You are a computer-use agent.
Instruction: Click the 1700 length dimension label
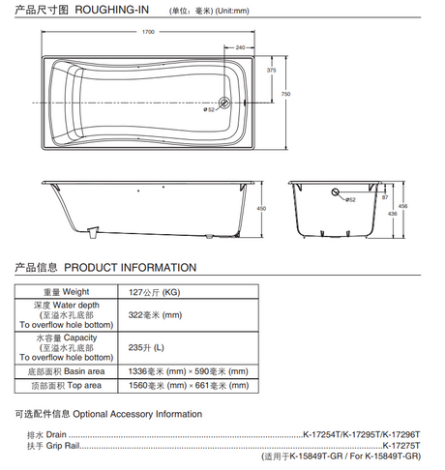(148, 32)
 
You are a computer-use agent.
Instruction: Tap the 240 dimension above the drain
(240, 47)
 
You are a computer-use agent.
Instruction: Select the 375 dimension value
(272, 70)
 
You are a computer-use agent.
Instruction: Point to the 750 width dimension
(285, 94)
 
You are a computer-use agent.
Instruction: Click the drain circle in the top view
(224, 103)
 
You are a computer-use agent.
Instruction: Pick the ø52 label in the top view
(209, 109)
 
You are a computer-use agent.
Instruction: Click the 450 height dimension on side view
(261, 208)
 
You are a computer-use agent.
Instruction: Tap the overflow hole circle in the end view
(336, 192)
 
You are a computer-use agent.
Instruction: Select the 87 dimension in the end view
(385, 197)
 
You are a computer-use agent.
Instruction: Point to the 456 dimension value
(402, 206)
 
